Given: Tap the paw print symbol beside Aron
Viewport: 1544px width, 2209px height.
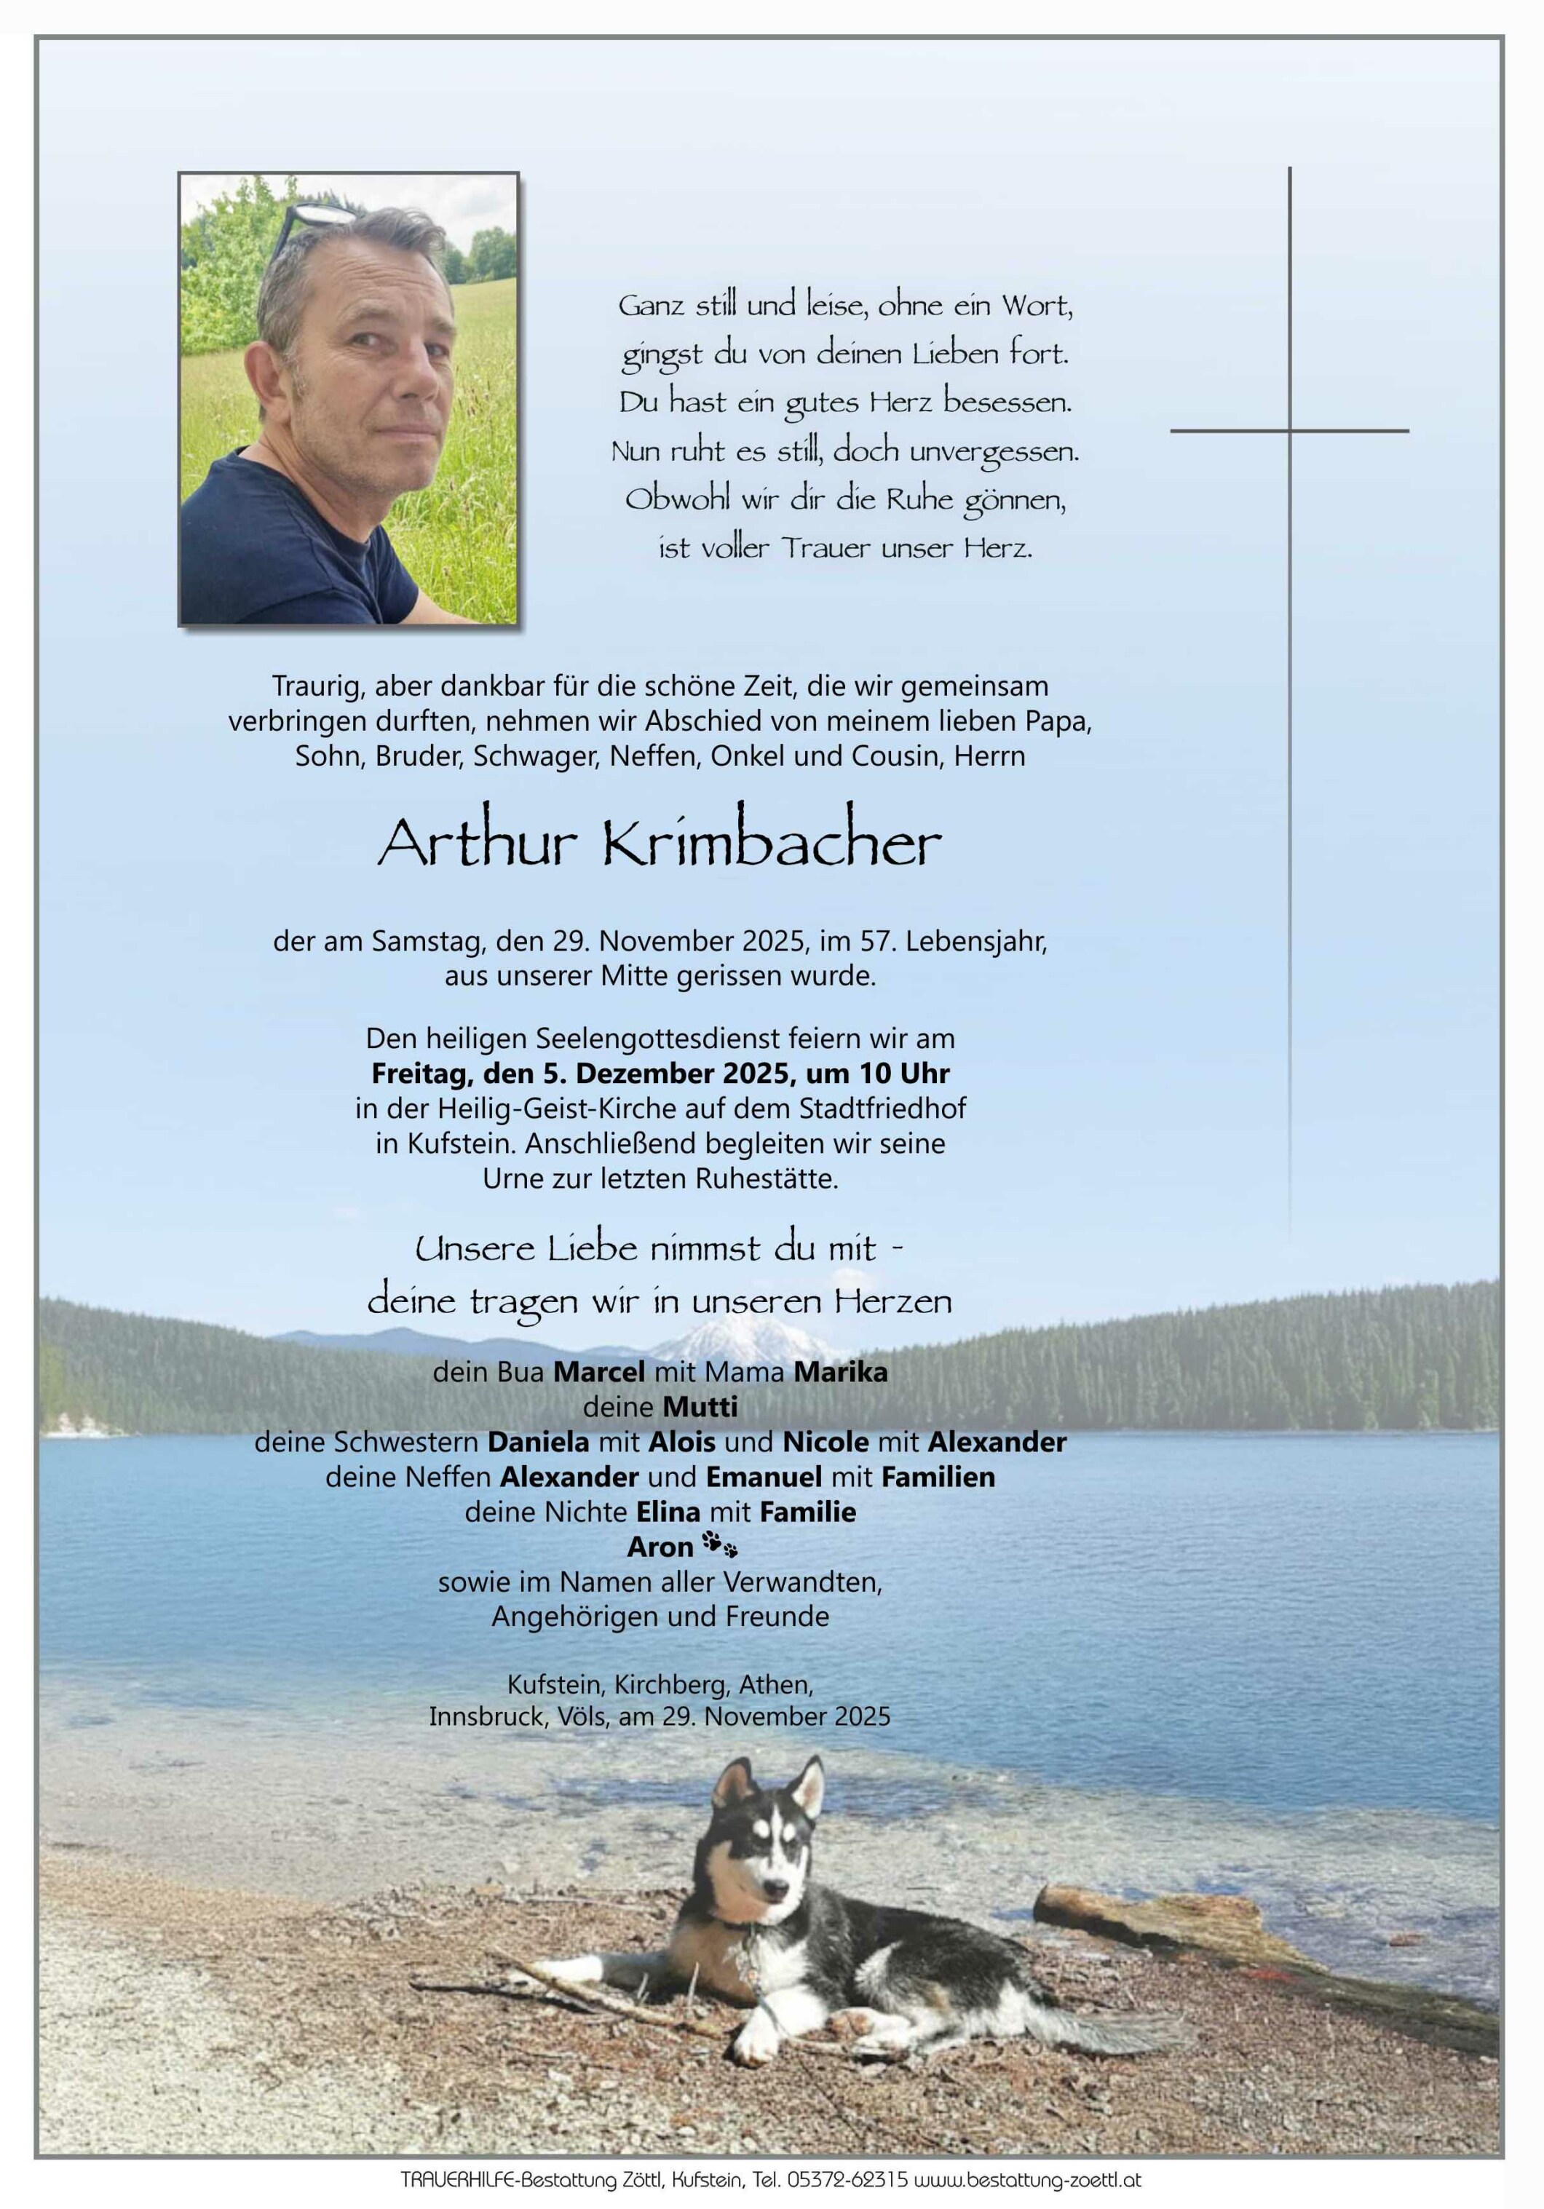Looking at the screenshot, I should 721,1545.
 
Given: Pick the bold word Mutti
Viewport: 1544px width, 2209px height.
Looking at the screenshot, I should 700,1407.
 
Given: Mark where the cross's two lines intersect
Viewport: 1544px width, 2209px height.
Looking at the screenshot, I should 1289,430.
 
